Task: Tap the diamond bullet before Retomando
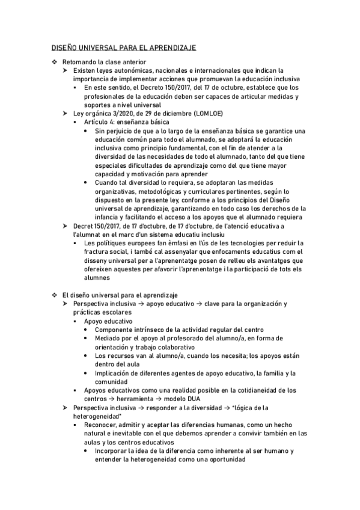pyautogui.click(x=54, y=62)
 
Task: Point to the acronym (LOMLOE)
pyautogui.click(x=195, y=113)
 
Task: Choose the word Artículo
pyautogui.click(x=98, y=121)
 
